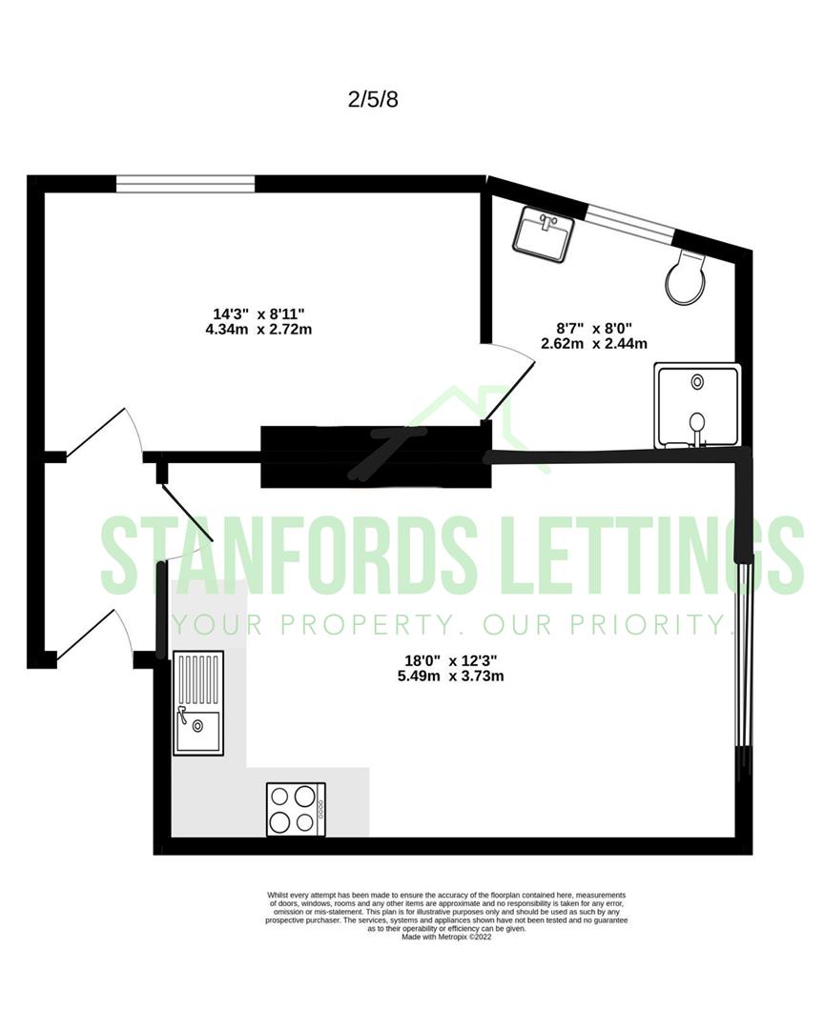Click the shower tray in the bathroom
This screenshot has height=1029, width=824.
697,406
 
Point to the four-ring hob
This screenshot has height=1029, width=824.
296,810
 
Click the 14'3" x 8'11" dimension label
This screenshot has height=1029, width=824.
258,313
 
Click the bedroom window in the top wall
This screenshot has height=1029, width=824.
185,184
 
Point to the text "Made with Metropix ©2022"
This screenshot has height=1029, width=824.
446,937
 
